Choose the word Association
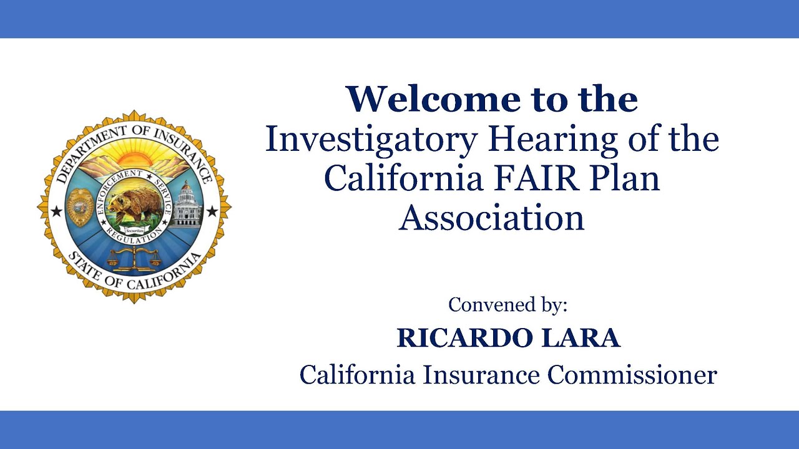(491, 218)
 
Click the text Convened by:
(508, 305)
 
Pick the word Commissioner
(632, 375)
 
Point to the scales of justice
(134, 258)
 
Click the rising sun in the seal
(134, 155)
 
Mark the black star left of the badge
(56, 211)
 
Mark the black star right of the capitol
(212, 211)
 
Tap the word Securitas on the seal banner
(135, 229)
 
